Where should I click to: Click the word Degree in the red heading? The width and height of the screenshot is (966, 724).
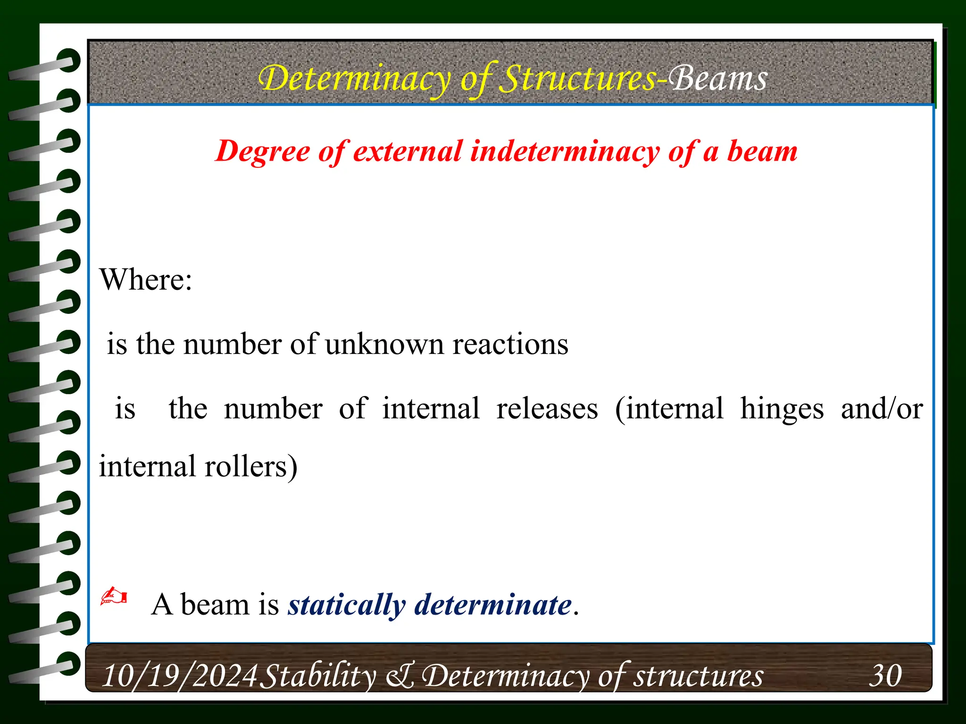tap(263, 152)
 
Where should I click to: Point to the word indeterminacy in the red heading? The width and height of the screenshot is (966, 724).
tap(565, 152)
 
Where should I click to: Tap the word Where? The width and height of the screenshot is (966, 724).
tap(146, 280)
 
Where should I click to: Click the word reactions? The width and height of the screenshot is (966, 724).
tap(510, 344)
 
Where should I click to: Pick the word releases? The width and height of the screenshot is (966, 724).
tap(547, 408)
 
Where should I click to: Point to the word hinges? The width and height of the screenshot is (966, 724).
tap(782, 409)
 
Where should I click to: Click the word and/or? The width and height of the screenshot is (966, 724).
tap(882, 408)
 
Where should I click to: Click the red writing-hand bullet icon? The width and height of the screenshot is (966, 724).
tap(114, 596)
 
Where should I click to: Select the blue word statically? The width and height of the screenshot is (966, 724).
tap(347, 605)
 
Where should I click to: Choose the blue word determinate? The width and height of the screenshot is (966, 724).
tap(493, 605)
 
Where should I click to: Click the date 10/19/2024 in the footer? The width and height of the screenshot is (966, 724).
tap(180, 676)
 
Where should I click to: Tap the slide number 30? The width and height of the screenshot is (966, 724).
tap(885, 676)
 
